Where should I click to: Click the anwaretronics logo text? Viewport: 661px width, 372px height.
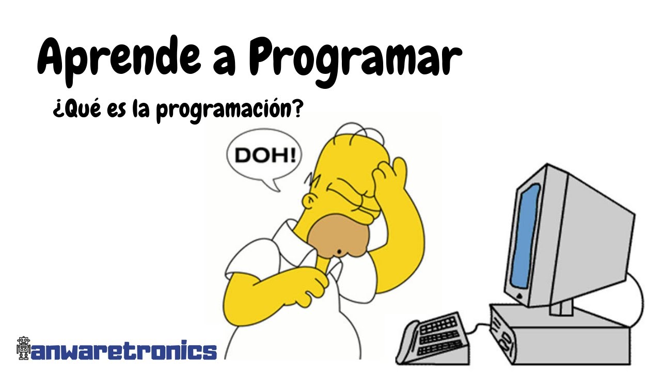[124, 350]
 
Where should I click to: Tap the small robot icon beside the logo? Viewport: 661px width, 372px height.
[23, 349]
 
